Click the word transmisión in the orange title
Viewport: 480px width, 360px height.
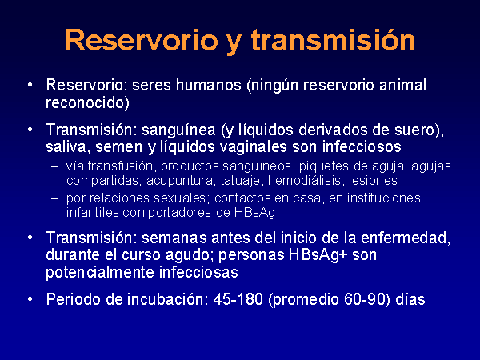pos(333,40)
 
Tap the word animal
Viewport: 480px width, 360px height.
pos(403,85)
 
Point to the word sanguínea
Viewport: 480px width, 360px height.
pos(178,130)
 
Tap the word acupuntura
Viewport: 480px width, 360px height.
pos(180,181)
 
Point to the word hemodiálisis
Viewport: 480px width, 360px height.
pos(305,180)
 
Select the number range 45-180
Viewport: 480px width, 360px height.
pos(238,299)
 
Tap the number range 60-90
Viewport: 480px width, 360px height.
pos(364,299)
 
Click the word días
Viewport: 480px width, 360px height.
pos(410,299)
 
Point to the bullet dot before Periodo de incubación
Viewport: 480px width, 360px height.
pos(30,299)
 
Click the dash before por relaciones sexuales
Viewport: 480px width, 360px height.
pos(54,198)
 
